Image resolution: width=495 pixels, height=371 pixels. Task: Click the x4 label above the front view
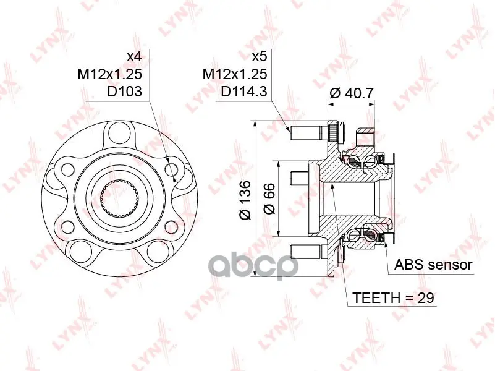coord(134,57)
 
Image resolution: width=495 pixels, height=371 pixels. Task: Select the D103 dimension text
coord(124,92)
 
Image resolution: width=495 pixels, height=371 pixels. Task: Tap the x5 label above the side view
coord(260,57)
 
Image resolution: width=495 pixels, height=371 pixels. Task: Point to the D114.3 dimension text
coord(244,92)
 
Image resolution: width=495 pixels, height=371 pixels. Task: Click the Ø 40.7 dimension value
coord(352,93)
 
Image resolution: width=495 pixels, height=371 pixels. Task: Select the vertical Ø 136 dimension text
coord(245,200)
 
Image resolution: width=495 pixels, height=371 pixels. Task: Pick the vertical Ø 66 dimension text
coord(269,198)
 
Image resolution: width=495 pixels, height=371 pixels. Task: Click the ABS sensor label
coord(433,265)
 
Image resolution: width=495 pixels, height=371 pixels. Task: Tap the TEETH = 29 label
coord(394,298)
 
